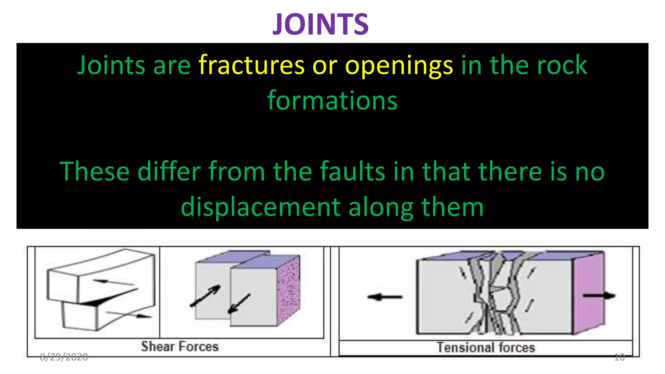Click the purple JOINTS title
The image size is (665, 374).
(320, 24)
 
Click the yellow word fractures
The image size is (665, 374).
(252, 65)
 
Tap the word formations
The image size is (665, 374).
(332, 100)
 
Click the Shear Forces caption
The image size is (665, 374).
(180, 346)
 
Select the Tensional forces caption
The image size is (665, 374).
(485, 347)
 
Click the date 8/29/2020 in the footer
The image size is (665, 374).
(64, 357)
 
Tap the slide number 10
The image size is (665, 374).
(619, 357)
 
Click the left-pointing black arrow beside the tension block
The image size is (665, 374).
(385, 297)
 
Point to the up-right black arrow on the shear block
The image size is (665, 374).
(206, 296)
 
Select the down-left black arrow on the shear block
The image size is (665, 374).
(239, 304)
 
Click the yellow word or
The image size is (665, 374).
(325, 65)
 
